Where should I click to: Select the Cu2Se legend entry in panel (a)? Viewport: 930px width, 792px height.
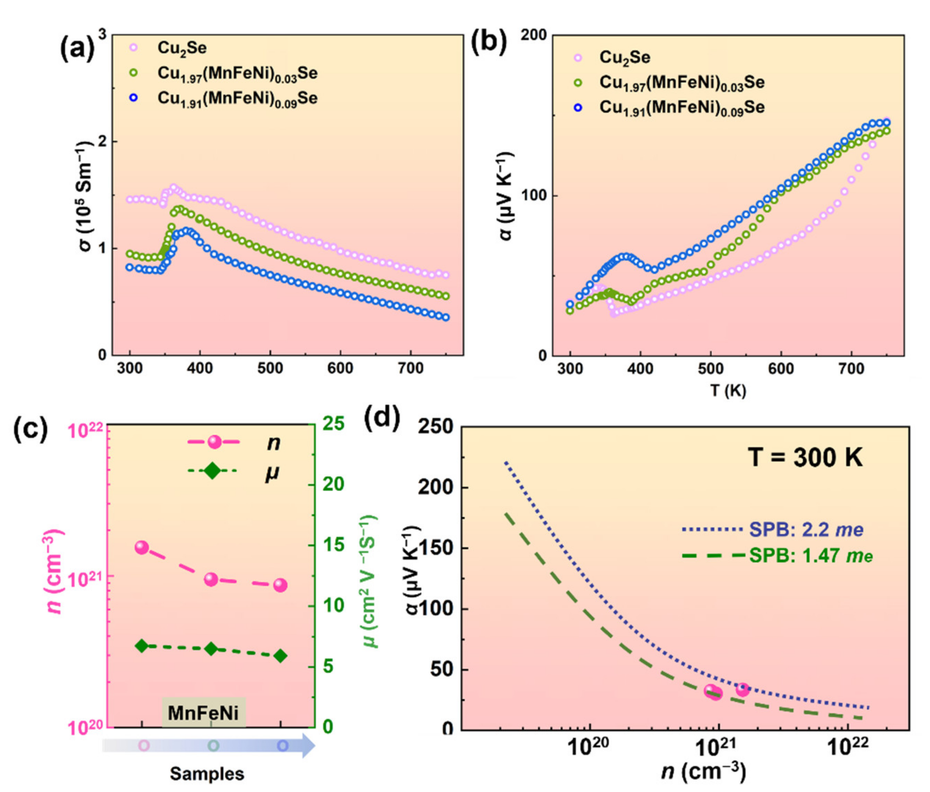pos(182,47)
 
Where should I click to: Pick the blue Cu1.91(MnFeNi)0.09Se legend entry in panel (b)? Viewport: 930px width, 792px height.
pos(681,108)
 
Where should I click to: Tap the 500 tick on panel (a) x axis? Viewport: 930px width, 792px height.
pos(270,368)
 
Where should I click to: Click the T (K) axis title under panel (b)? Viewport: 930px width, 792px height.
pos(728,390)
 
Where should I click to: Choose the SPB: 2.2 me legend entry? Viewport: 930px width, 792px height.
pos(806,530)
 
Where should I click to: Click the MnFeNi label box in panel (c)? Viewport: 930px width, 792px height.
pos(203,713)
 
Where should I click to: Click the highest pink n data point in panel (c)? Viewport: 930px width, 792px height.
pos(142,547)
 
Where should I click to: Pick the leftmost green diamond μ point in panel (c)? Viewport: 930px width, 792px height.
pos(142,646)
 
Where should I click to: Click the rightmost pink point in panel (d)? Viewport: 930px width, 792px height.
pos(743,689)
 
